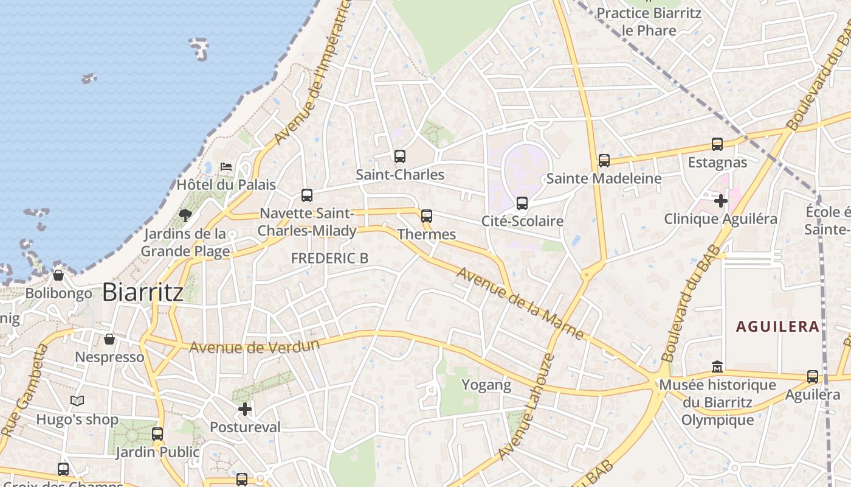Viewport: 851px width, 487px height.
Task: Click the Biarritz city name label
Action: pos(142,292)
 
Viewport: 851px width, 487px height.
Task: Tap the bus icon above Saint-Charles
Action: pos(399,156)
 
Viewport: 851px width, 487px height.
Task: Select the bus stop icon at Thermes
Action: pos(427,216)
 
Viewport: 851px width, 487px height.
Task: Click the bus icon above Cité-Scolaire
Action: pos(522,203)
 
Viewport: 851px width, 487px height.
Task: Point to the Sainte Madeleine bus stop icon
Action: pos(604,161)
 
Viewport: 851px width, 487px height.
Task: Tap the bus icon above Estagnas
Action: pos(717,145)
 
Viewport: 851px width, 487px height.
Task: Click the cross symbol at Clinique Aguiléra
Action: pos(721,200)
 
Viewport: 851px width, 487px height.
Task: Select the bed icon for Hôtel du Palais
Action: pos(226,166)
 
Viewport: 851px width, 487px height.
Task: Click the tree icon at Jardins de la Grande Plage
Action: pos(185,215)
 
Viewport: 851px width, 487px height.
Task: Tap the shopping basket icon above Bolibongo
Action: pos(58,275)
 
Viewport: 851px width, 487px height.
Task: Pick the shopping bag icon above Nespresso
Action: pos(109,339)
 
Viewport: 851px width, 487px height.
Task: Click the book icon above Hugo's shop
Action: pos(77,401)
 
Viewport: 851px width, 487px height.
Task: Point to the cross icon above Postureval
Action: pos(245,409)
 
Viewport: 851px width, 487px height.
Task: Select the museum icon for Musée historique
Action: pos(717,367)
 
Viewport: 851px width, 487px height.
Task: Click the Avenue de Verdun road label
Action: pos(254,346)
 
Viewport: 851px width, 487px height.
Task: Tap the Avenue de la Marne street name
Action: pos(520,303)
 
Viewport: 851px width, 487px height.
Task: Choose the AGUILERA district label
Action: pos(777,326)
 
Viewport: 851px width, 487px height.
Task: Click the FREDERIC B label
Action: pos(329,258)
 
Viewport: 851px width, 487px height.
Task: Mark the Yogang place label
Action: pos(486,385)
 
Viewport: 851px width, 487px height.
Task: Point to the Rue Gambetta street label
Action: pos(24,390)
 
